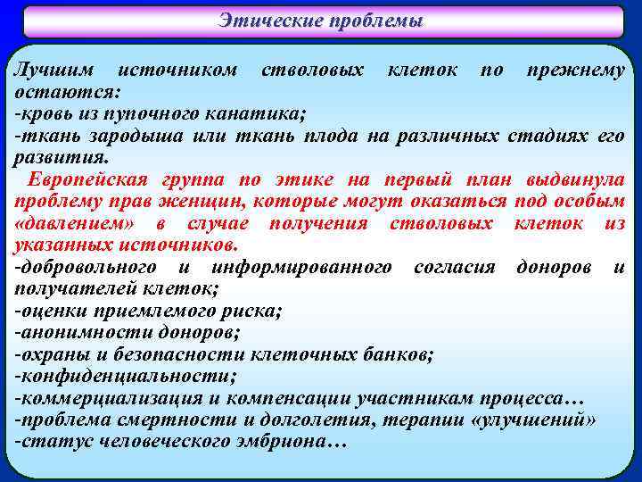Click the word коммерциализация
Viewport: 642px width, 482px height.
point(109,397)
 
